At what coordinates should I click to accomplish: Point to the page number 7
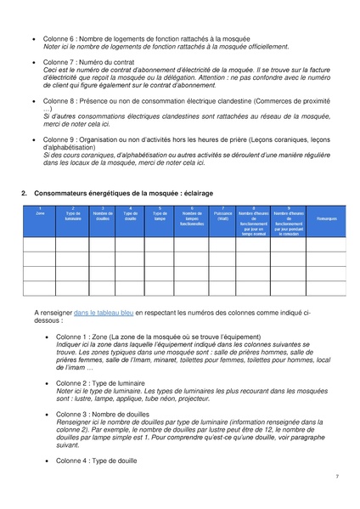click(336, 477)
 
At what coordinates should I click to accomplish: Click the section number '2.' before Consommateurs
click(25, 194)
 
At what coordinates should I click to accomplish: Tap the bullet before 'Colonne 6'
click(33, 39)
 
